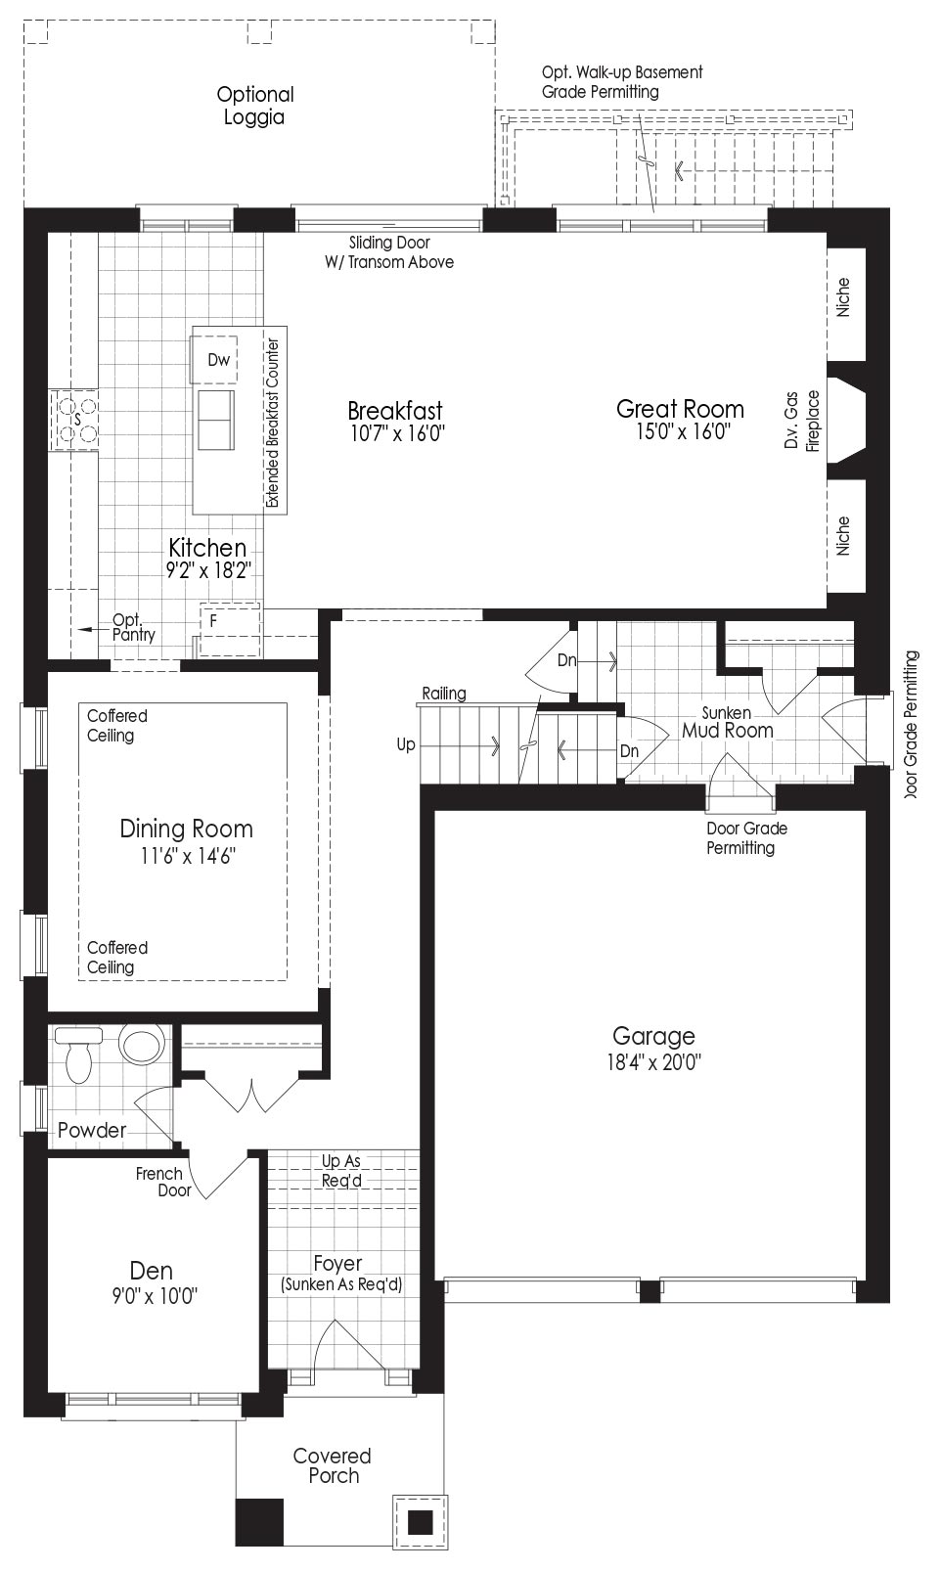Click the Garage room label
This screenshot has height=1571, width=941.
click(x=653, y=1036)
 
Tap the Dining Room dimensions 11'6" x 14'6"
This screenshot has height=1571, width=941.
click(x=187, y=856)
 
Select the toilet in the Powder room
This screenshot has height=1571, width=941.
click(x=78, y=1055)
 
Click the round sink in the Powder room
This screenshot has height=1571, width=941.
click(x=143, y=1044)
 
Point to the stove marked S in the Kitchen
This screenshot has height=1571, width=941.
click(x=73, y=420)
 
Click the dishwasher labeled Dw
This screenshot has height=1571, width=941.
click(x=214, y=360)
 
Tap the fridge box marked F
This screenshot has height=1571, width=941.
click(x=230, y=630)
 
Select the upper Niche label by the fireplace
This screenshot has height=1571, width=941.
click(x=843, y=297)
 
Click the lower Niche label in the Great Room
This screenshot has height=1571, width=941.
click(x=843, y=536)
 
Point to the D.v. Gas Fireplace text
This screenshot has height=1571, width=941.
click(x=801, y=421)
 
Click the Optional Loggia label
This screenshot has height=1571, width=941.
click(x=255, y=106)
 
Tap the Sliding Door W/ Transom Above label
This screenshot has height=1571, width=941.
click(x=389, y=252)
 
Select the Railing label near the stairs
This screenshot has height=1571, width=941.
click(x=444, y=694)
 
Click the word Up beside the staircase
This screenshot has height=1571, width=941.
click(x=406, y=744)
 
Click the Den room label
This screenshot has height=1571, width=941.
click(x=152, y=1271)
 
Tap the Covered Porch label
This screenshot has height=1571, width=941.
click(x=333, y=1465)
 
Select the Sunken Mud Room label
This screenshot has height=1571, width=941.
click(x=728, y=722)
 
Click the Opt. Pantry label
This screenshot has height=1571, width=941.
click(x=134, y=628)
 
